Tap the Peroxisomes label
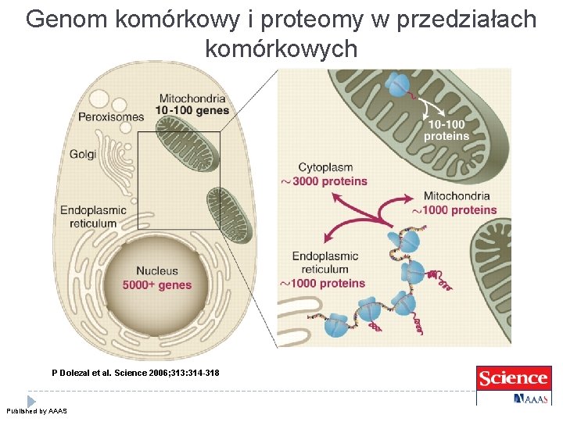(x=111, y=117)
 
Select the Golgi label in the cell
(x=83, y=154)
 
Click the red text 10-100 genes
(x=192, y=111)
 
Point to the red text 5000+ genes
(x=157, y=285)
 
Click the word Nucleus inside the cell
(x=157, y=271)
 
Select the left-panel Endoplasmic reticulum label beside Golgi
(x=93, y=216)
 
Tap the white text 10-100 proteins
(x=446, y=130)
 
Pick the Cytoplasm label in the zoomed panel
(x=326, y=167)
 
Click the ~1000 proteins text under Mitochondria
(x=454, y=209)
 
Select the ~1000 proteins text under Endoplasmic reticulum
(x=322, y=283)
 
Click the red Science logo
(x=512, y=379)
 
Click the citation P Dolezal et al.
(x=135, y=374)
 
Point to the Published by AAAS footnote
(x=37, y=411)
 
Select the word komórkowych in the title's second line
(x=281, y=48)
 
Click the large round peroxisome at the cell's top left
(x=100, y=99)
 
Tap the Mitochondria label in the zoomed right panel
(x=456, y=196)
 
